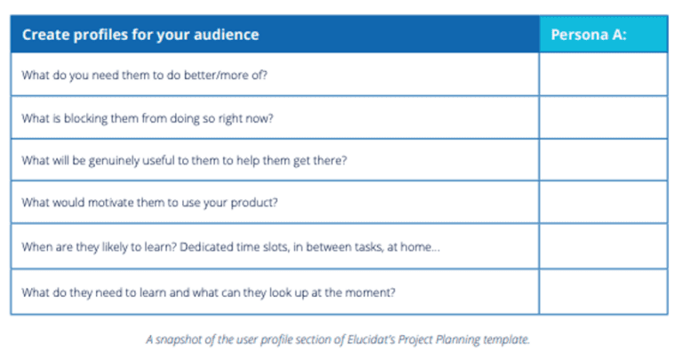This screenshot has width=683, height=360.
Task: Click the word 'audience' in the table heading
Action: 226,36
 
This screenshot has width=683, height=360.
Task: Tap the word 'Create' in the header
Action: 45,36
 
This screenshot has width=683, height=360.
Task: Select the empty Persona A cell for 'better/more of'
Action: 602,75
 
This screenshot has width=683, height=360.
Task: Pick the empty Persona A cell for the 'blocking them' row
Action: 602,117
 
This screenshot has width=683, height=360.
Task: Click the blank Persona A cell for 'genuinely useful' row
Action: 602,160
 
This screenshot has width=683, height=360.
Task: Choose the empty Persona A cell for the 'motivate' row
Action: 602,203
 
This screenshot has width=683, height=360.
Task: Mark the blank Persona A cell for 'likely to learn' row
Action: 602,245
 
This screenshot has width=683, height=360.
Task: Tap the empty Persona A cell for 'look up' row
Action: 602,292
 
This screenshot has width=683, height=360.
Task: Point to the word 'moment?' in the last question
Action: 374,292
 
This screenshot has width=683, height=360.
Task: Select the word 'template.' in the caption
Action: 509,339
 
